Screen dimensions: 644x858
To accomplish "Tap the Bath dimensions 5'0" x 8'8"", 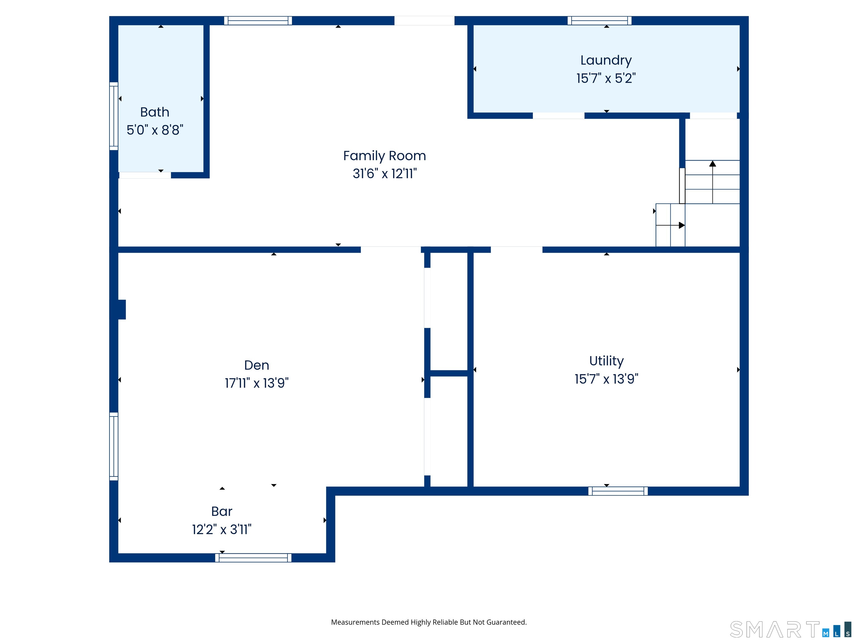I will (x=155, y=130).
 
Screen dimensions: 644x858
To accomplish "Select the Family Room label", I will (x=384, y=156).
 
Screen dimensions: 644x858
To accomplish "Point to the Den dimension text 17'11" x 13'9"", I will (x=256, y=383).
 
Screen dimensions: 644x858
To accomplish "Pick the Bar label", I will (x=221, y=511).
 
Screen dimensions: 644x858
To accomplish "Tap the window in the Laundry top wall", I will (x=599, y=21).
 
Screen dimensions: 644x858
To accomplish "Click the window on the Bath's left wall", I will (x=114, y=116).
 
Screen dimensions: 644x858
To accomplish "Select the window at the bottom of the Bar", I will (x=253, y=558).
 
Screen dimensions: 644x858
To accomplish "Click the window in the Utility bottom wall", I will (x=618, y=491).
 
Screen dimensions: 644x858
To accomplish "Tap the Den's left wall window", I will (x=114, y=446).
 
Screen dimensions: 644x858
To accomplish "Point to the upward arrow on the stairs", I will (x=712, y=164).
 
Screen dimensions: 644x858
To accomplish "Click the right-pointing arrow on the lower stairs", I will (x=681, y=225).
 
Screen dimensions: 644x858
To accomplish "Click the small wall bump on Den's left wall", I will (x=122, y=309).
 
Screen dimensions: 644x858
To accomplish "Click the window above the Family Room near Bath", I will (x=258, y=21).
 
